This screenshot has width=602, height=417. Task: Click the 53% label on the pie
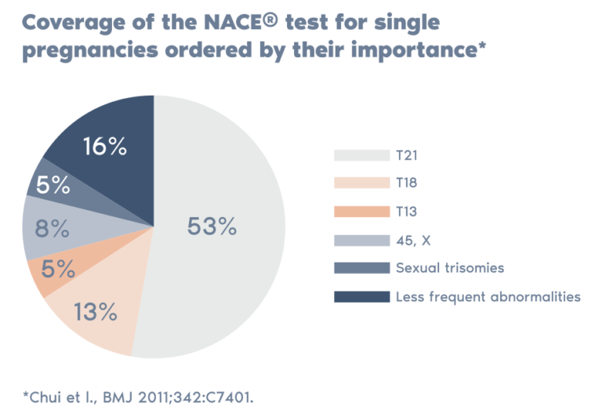(x=212, y=227)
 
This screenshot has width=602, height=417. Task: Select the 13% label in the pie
(x=96, y=312)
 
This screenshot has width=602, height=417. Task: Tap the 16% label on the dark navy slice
(x=104, y=147)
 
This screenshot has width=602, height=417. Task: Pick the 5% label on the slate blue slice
(x=53, y=186)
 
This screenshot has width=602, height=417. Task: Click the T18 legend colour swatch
(x=361, y=183)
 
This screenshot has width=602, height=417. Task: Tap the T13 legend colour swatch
(x=361, y=211)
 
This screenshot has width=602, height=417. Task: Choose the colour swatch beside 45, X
(x=361, y=240)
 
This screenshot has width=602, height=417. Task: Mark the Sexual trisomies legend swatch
(x=361, y=268)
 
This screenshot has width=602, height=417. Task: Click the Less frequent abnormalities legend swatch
(x=361, y=296)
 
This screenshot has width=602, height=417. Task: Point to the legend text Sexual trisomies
(x=449, y=268)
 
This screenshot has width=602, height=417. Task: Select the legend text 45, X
(x=412, y=240)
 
